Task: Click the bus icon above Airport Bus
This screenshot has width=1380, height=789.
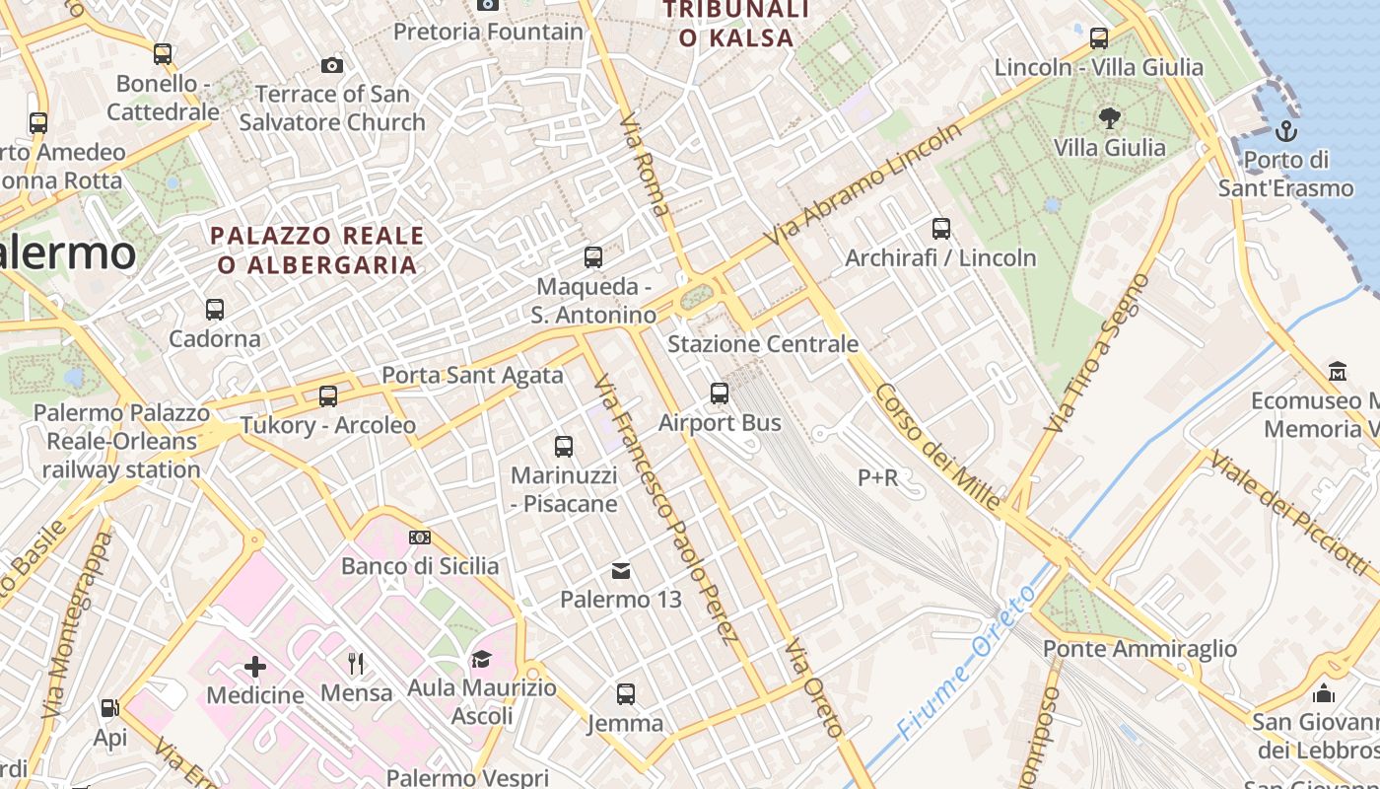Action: [720, 394]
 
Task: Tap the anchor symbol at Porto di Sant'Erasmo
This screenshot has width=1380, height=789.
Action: [1285, 130]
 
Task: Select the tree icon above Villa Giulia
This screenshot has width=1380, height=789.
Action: [1110, 118]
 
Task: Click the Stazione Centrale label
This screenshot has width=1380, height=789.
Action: [763, 344]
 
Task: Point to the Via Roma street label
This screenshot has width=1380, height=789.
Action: [646, 166]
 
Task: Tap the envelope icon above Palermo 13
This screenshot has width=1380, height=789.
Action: [621, 570]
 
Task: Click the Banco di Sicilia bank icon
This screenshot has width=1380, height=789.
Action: [420, 538]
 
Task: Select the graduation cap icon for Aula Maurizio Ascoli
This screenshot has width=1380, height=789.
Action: [481, 659]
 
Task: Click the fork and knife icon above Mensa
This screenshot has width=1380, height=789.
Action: [356, 664]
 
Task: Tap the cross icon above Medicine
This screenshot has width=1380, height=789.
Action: [255, 667]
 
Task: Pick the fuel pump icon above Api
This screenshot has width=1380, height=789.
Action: [109, 708]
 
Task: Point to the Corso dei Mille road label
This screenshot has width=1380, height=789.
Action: [937, 446]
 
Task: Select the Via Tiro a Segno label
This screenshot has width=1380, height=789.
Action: [1098, 353]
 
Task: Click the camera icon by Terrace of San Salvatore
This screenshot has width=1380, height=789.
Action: [332, 65]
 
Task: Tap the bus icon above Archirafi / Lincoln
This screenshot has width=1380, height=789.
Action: [941, 229]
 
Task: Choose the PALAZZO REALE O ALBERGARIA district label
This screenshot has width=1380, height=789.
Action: [317, 251]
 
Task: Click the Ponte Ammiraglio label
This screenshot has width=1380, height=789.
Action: [1139, 649]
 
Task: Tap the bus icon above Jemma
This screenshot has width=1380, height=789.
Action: [626, 694]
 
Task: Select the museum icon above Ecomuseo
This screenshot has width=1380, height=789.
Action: [1339, 372]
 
